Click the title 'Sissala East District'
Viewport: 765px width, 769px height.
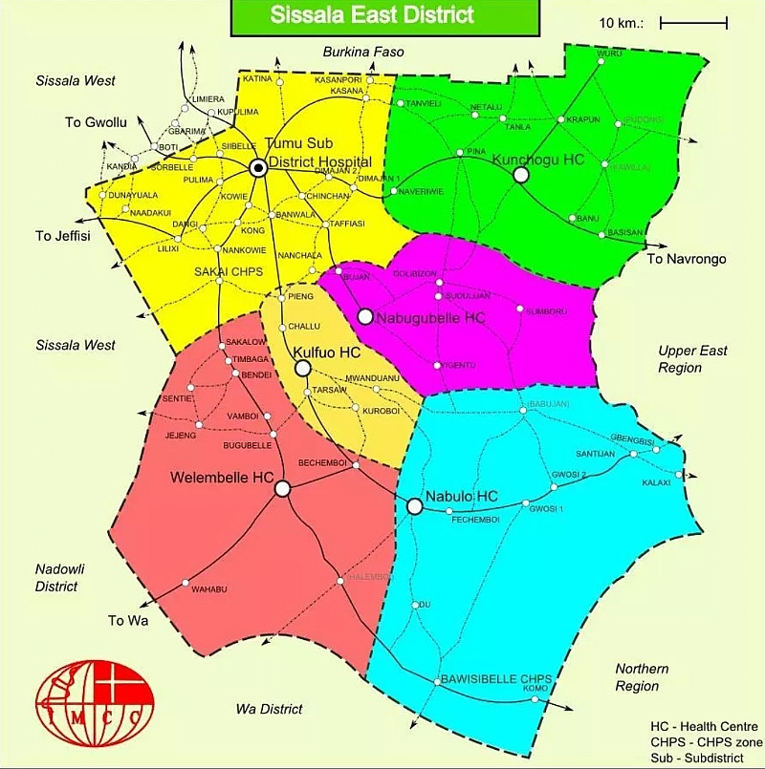click(372, 14)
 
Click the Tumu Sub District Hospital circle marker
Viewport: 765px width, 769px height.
click(257, 168)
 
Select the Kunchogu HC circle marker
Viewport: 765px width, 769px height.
click(521, 174)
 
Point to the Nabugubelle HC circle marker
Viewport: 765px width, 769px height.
click(364, 316)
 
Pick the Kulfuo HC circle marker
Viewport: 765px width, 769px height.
click(302, 368)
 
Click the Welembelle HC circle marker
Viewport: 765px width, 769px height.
click(282, 489)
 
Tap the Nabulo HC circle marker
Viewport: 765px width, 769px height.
click(414, 506)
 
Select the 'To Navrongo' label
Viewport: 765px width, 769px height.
click(687, 259)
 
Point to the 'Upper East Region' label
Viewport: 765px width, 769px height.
click(692, 359)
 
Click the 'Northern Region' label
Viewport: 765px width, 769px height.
click(642, 677)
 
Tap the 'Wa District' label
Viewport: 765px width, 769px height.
click(269, 709)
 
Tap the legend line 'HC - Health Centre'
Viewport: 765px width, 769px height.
click(705, 727)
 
